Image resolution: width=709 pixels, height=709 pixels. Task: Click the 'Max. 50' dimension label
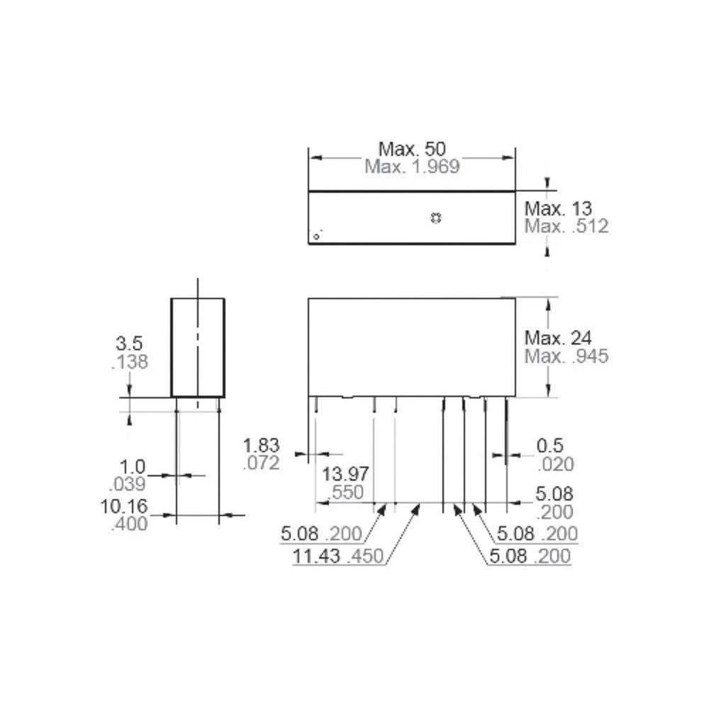411,150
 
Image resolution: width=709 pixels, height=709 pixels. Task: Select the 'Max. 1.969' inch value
412,167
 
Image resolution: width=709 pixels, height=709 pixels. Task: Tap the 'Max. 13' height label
558,209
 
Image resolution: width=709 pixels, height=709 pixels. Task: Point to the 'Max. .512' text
566,226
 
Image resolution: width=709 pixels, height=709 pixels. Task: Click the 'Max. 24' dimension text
558,338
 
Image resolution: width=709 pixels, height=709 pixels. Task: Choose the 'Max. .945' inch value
566,356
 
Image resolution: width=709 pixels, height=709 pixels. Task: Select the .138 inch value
130,362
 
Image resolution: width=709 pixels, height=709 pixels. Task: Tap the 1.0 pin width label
132,467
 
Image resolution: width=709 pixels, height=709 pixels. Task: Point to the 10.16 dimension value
126,507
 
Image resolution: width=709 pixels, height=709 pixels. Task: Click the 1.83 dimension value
262,446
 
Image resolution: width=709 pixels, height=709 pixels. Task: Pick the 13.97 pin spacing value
347,474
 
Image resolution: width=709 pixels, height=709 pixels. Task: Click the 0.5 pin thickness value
549,446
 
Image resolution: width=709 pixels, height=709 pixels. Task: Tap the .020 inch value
554,464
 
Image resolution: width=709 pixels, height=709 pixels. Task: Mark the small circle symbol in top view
436,218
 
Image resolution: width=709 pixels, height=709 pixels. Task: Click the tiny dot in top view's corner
317,235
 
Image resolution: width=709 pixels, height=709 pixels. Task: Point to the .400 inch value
129,525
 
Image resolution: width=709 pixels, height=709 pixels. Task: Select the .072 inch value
261,464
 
